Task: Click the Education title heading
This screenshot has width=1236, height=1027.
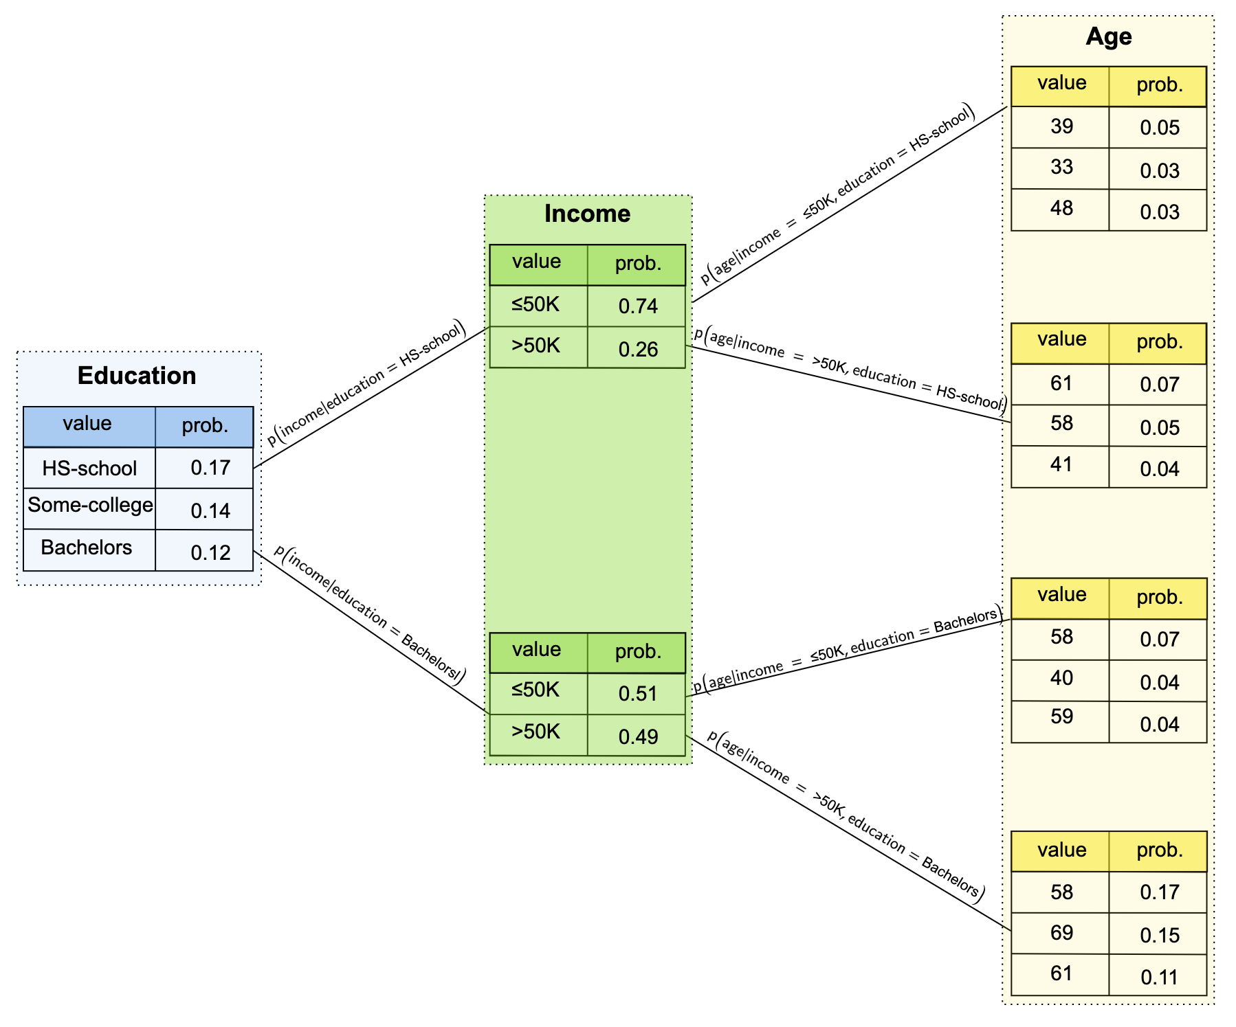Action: click(137, 376)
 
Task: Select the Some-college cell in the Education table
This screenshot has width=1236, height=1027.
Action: click(90, 506)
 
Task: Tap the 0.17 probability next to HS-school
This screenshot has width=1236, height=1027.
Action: click(210, 468)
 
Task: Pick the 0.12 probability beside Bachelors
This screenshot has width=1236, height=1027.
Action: click(210, 553)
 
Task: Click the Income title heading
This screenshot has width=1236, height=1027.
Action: click(587, 214)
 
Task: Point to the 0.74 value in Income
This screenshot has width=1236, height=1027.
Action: click(638, 306)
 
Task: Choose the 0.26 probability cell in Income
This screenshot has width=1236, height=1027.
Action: click(638, 350)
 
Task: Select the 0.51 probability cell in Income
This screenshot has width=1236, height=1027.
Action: click(638, 694)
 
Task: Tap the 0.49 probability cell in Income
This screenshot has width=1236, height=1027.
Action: click(638, 737)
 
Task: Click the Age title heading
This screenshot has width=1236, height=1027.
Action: click(1108, 36)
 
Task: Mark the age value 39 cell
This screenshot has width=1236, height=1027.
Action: click(1061, 126)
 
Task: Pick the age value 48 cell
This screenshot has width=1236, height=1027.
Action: click(1061, 208)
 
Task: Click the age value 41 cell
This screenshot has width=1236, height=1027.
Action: click(1061, 464)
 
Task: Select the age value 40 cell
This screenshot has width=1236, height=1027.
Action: click(1061, 678)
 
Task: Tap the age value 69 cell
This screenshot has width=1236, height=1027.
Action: click(1061, 933)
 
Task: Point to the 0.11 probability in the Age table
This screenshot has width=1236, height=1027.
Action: click(1159, 977)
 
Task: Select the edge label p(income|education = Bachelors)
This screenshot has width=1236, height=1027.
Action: click(370, 613)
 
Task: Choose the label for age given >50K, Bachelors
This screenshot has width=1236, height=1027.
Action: click(846, 815)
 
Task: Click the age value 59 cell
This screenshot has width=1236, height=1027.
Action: click(1061, 717)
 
